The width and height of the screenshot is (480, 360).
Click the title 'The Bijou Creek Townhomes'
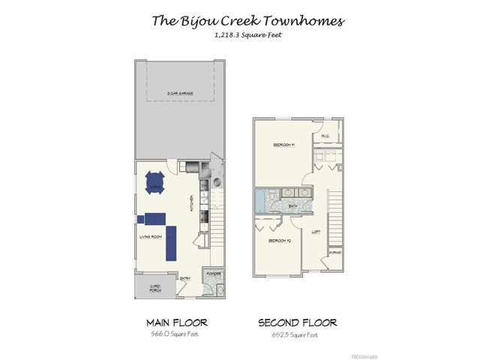click(x=248, y=21)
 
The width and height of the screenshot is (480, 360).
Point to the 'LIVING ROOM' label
click(x=151, y=237)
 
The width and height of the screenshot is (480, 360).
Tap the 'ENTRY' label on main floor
click(x=184, y=279)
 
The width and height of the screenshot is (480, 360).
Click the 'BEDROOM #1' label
click(x=283, y=144)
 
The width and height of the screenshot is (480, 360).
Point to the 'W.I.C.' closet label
click(x=326, y=136)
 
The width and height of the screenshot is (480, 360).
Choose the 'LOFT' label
click(x=316, y=231)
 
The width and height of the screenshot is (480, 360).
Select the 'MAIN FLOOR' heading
click(x=176, y=322)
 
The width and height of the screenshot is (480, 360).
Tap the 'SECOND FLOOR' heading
click(x=297, y=322)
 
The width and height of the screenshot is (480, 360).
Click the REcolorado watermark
click(x=364, y=355)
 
